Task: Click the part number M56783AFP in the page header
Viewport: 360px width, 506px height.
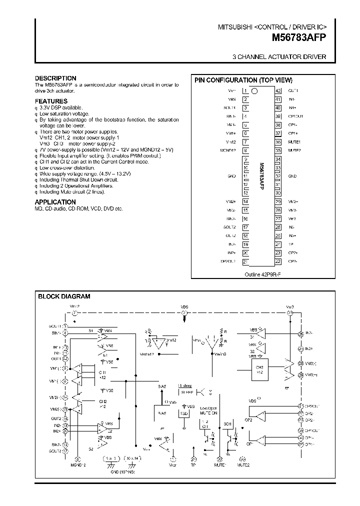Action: [x=299, y=37]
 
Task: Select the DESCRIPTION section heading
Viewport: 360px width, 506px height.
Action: [x=55, y=78]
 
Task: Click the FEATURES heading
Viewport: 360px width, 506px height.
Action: [x=51, y=101]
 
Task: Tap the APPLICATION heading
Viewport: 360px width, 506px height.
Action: [x=55, y=202]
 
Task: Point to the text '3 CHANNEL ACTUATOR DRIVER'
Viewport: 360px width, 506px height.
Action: [x=279, y=57]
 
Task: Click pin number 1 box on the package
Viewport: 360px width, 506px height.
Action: [x=245, y=91]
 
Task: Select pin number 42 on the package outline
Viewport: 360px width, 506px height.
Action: [x=278, y=91]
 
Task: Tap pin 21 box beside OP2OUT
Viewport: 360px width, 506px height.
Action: [x=245, y=261]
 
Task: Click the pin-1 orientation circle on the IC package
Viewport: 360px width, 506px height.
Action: [x=254, y=91]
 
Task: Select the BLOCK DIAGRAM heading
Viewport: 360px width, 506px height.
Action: [x=64, y=296]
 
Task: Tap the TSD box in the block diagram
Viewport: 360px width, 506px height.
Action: [x=184, y=414]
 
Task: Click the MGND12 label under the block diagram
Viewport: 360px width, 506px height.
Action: [x=77, y=465]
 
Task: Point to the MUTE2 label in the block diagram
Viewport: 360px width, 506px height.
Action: [x=243, y=465]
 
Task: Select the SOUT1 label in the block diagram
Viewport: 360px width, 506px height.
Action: [x=55, y=325]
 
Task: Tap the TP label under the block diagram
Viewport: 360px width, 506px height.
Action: [x=193, y=465]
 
